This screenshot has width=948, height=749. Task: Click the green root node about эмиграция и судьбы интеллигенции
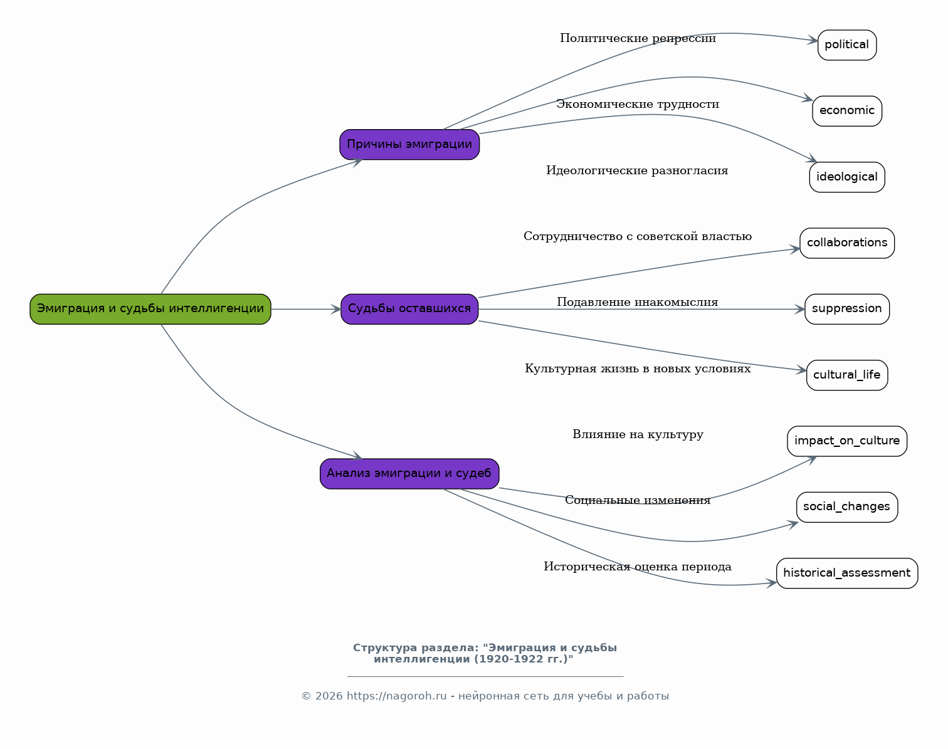coord(150,309)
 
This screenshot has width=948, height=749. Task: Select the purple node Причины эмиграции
coord(409,144)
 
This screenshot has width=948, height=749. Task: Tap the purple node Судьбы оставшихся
coord(409,309)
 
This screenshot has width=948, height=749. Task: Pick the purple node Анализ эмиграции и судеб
coord(409,474)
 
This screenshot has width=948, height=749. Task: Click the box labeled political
coord(846,45)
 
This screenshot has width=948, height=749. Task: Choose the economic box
coord(846,111)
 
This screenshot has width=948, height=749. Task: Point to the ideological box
coord(846,177)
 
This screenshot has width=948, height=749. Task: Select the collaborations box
coord(846,243)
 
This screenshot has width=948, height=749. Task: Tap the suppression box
coord(846,309)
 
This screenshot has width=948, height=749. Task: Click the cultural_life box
coord(846,375)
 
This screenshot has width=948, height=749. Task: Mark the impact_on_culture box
coord(846,441)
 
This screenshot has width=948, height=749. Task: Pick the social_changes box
coord(846,507)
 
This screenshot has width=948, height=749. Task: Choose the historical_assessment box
coord(846,574)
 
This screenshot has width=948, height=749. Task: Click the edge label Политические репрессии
coord(638,39)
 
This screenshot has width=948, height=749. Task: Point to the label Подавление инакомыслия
coord(638,302)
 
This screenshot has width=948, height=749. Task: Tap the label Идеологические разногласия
coord(637,170)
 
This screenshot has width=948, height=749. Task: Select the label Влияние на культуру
coord(638,434)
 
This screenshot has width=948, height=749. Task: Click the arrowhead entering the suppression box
coord(799,309)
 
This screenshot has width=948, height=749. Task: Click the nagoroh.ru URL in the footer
coord(396,696)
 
